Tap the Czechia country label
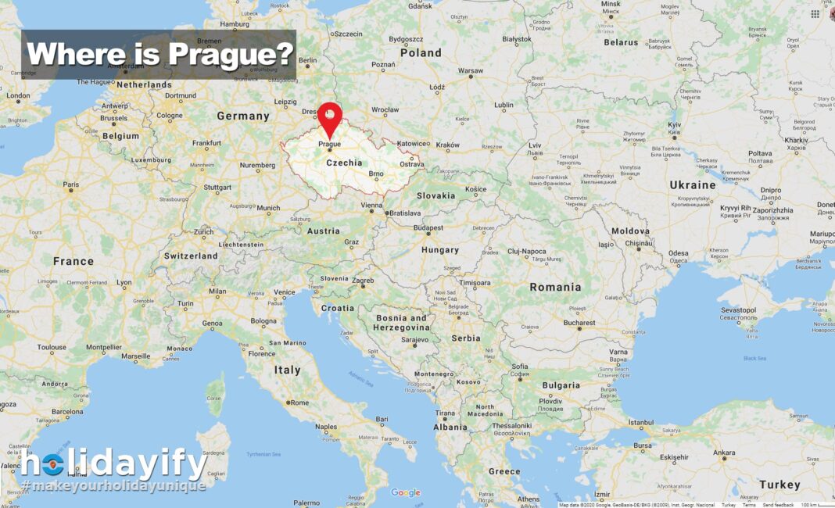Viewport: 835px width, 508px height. [344, 163]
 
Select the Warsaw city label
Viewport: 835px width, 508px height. [471, 71]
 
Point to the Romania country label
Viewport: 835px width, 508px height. [555, 287]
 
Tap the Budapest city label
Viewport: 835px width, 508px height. [428, 227]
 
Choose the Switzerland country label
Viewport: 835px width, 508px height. [191, 256]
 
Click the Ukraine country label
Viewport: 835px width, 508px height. [692, 185]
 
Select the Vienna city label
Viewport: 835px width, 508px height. [371, 205]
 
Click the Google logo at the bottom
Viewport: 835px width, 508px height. [406, 492]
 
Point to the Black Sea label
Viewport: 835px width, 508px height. [754, 358]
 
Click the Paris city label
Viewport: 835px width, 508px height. [71, 185]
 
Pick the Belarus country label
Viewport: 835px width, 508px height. [621, 42]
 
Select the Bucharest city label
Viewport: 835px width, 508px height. [579, 322]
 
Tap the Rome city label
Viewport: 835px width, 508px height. [299, 402]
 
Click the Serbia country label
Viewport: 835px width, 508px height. [466, 338]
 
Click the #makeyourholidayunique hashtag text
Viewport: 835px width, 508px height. [113, 486]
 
